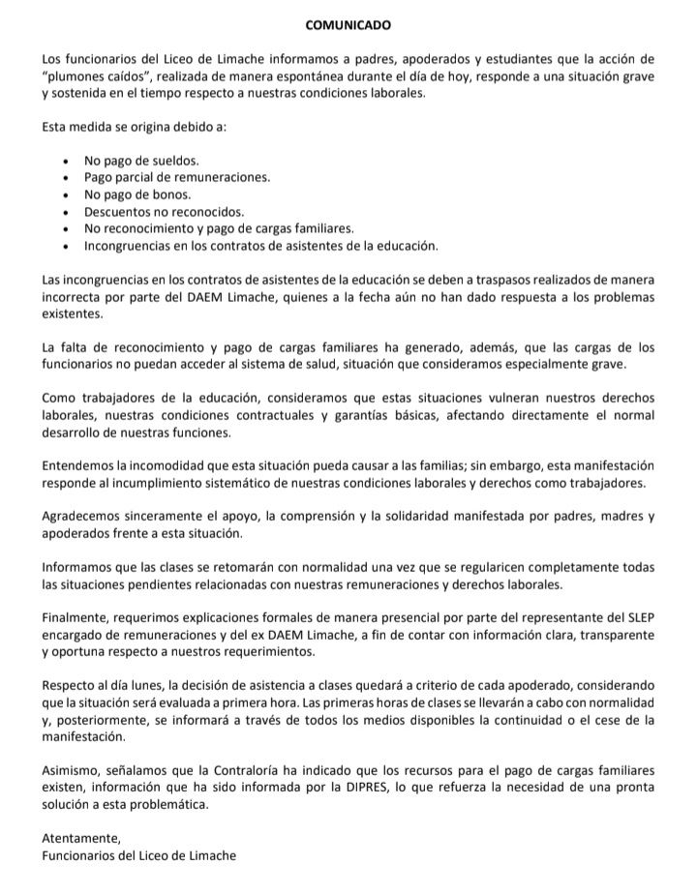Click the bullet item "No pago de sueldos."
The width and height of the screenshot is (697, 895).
[141, 160]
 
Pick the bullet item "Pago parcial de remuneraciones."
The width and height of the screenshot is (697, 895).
[177, 177]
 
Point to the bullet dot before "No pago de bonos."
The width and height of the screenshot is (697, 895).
[64, 194]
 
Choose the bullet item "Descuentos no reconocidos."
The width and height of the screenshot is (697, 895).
[164, 212]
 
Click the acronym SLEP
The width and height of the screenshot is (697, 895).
[638, 616]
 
